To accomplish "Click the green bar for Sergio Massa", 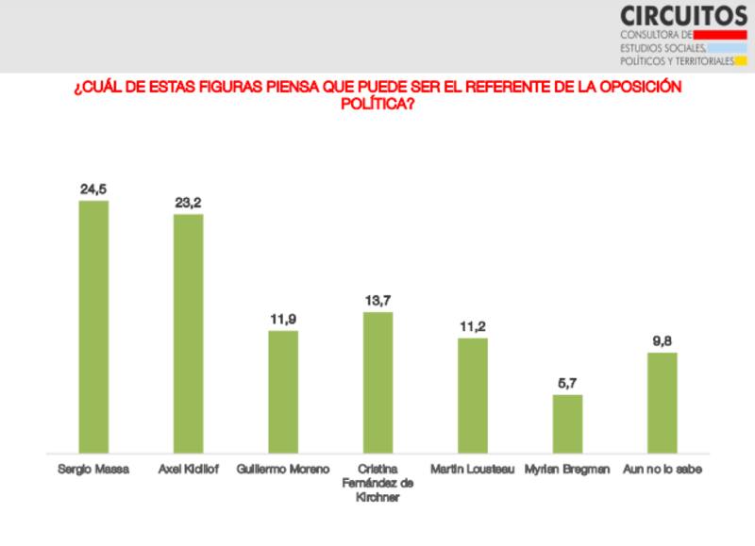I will point(92,326).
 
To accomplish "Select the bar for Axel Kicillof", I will point(188,333).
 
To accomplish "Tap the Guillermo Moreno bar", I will point(283,391).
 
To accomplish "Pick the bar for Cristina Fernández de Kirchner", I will point(377,382).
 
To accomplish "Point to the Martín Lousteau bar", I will point(472,395).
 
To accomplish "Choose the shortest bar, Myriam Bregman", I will point(567,423).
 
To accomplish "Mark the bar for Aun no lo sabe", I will point(662,403).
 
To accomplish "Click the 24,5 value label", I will point(92,189).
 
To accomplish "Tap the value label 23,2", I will point(188,202).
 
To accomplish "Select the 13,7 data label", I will point(377,300).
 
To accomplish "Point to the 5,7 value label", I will point(567,383).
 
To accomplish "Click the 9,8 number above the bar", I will point(662,341).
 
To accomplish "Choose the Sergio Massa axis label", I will point(92,469).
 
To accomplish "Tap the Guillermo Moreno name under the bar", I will point(283,469).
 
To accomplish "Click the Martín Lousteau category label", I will point(472,469).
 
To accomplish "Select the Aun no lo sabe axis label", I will point(662,469).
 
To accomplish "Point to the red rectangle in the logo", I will point(720,35).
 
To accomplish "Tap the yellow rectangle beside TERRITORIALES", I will point(741,61).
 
